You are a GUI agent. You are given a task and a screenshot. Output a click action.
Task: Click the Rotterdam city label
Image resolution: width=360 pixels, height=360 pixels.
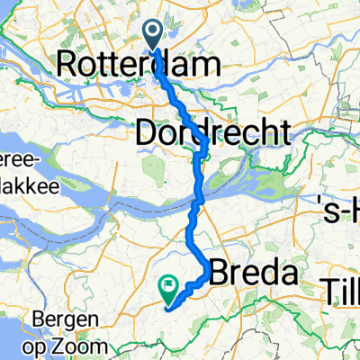tap(139, 65)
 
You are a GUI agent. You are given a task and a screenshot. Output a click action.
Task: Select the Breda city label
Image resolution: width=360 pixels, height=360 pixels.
tap(254, 273)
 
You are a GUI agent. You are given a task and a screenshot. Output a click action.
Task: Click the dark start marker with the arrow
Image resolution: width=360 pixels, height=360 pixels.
tap(153, 37)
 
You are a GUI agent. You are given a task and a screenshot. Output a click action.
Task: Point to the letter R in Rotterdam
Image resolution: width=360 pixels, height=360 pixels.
tap(67, 65)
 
